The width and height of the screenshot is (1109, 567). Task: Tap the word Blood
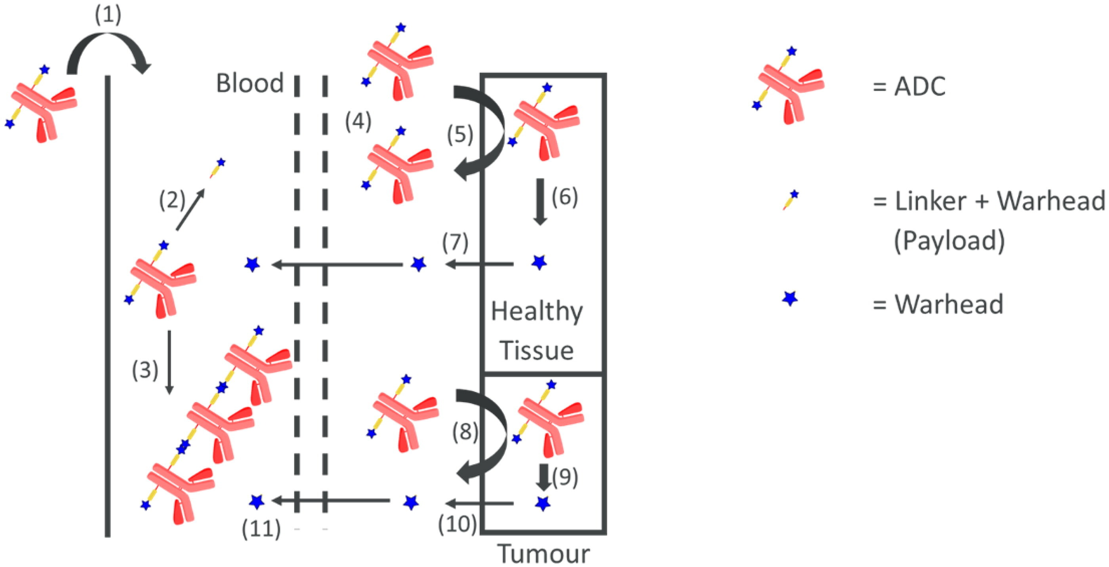(250, 83)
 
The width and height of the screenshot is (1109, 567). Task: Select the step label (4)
(358, 123)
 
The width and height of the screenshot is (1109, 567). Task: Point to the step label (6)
(565, 197)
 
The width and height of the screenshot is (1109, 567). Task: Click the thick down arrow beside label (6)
(540, 202)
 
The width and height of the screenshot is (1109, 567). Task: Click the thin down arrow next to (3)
(170, 362)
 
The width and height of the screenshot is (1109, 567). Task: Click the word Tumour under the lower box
(543, 554)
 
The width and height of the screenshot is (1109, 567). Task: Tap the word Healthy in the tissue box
(537, 311)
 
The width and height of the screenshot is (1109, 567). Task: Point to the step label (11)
(261, 529)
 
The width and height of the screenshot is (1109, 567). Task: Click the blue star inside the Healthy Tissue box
(539, 262)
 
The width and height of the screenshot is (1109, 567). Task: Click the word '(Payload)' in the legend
(949, 240)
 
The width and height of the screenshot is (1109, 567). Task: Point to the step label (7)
(455, 243)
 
